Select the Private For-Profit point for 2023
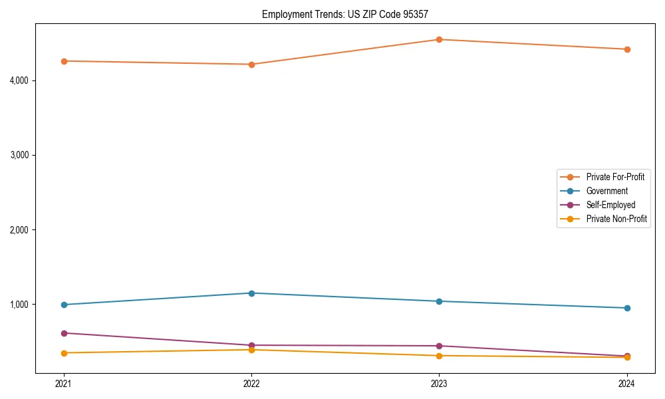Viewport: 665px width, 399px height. pos(439,39)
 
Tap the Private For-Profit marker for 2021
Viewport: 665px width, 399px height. pos(64,61)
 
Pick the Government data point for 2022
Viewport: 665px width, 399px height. pos(251,293)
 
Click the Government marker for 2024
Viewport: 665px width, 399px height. pos(627,308)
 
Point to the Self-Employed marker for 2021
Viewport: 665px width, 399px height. pos(64,333)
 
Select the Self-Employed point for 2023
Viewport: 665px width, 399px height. pos(439,346)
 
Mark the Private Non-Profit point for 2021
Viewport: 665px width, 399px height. pos(64,353)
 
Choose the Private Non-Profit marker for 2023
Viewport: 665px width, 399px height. pos(439,356)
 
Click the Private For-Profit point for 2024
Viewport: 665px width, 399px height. pos(627,49)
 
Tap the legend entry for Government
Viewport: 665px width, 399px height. pos(606,191)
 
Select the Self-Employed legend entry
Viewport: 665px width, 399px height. pos(610,205)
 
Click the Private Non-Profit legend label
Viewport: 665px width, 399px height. pos(616,219)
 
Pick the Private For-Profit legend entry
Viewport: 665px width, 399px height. pos(615,177)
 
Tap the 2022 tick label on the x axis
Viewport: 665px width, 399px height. pos(251,383)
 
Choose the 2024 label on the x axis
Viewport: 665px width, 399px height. pos(627,383)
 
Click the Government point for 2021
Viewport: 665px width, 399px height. pos(64,305)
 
